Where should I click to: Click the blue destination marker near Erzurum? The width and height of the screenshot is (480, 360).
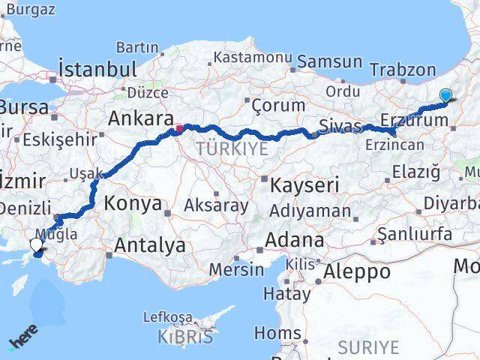tap(445, 95)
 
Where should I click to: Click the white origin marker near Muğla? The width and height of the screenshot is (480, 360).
tap(36, 244)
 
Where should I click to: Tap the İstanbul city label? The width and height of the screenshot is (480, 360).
tap(97, 69)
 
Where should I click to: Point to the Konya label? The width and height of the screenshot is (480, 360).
tap(133, 202)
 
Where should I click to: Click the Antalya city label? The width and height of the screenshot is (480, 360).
tap(150, 244)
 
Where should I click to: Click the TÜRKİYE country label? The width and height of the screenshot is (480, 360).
tap(232, 148)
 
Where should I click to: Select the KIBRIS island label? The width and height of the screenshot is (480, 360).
tap(185, 337)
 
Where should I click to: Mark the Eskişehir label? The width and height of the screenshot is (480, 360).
tap(60, 139)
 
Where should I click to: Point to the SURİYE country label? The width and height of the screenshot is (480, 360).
tap(368, 346)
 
